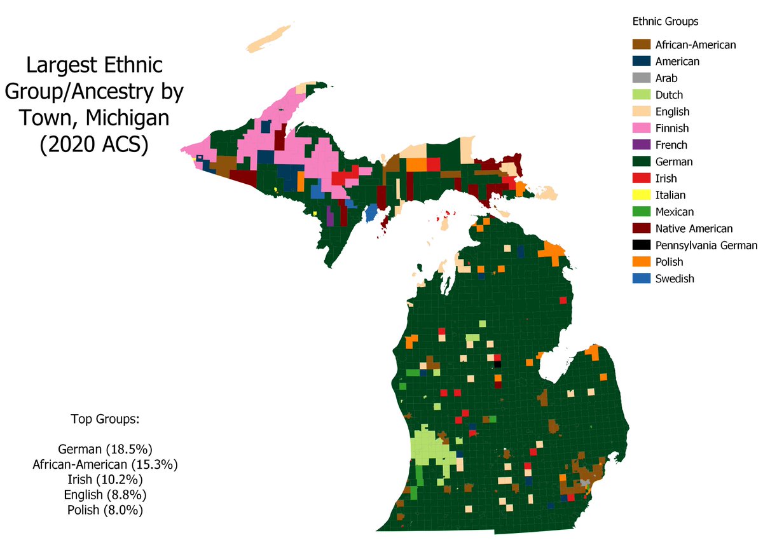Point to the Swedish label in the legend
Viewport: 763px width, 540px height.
click(x=675, y=279)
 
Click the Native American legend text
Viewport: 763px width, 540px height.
click(x=694, y=228)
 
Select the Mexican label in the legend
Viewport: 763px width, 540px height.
click(x=675, y=212)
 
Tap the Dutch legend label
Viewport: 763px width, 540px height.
click(x=669, y=95)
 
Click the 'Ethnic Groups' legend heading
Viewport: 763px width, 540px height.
click(x=665, y=22)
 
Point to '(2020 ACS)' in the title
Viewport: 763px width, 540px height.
click(x=93, y=144)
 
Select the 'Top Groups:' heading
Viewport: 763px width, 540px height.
click(x=105, y=420)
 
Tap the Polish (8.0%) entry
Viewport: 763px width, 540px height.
click(x=105, y=509)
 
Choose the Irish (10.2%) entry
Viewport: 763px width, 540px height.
click(x=105, y=478)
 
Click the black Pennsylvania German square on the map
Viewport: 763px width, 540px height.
click(x=498, y=364)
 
